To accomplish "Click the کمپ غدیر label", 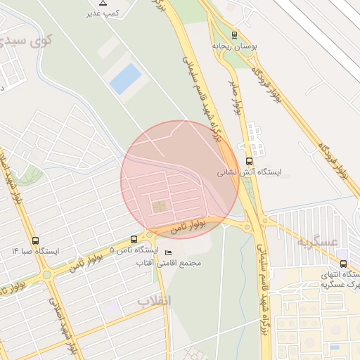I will [x=102, y=13].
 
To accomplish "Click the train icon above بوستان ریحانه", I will [x=234, y=34].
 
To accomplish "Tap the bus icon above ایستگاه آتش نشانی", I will [x=249, y=161].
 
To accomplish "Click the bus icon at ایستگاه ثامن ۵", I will [x=134, y=240].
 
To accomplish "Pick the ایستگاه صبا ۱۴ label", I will [x=36, y=250].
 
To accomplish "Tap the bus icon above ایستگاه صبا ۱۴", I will [x=36, y=240].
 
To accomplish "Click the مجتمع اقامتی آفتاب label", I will [x=172, y=263].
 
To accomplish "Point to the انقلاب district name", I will [x=153, y=301].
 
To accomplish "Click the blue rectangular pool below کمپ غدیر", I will [x=125, y=79].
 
